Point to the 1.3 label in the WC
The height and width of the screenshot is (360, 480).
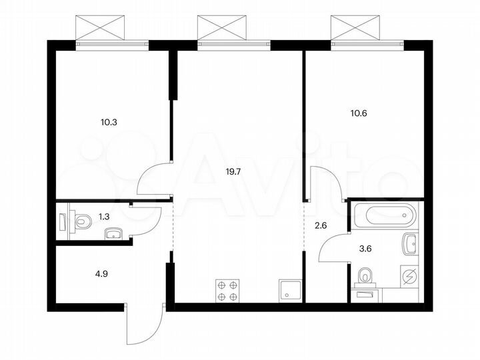[104, 216]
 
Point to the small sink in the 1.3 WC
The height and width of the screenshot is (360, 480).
[114, 232]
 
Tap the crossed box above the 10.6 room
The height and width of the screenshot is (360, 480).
[357, 26]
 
